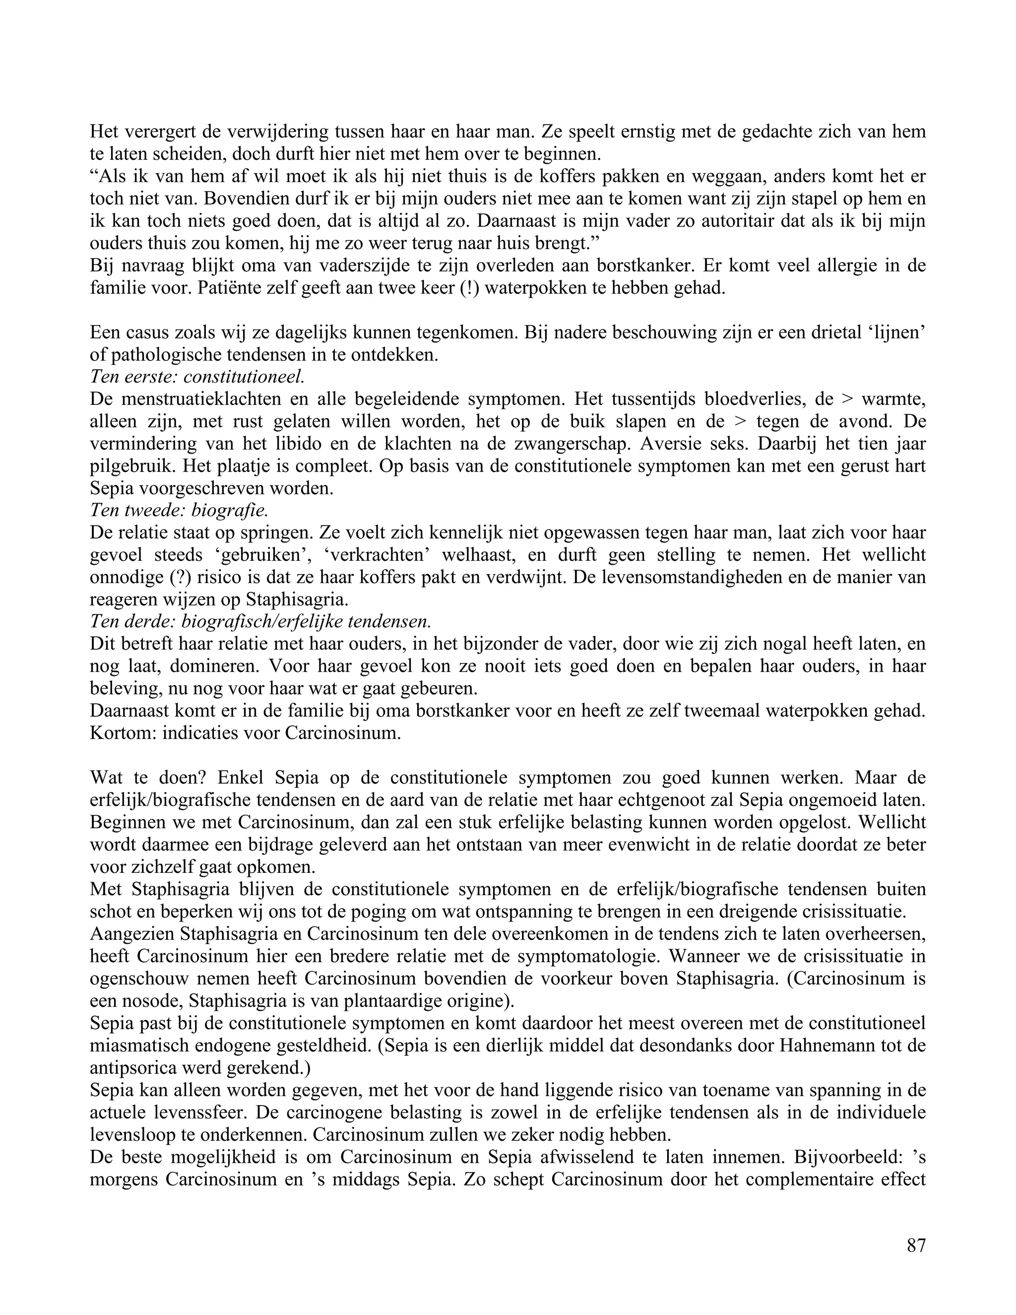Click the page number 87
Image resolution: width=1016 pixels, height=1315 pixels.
915,1245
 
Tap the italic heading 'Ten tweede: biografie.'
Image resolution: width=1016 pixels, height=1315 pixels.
178,511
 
